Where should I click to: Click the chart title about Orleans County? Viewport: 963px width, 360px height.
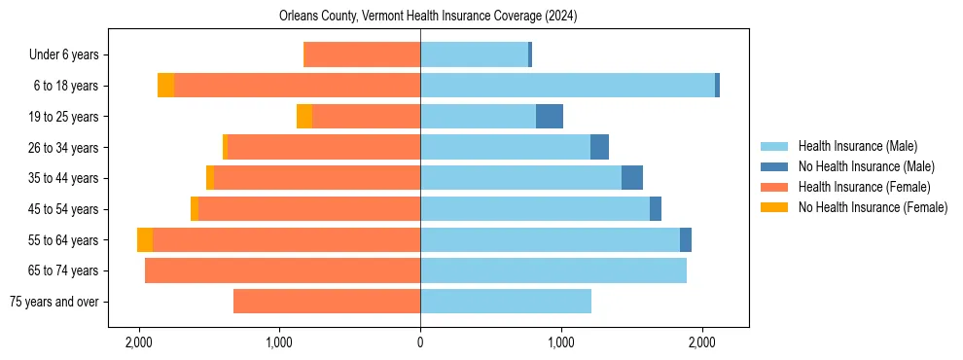[428, 17]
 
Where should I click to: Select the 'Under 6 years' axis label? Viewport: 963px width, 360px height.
[69, 55]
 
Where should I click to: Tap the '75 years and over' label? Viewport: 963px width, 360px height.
[53, 302]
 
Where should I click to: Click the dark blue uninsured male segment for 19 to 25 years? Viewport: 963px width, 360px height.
[550, 117]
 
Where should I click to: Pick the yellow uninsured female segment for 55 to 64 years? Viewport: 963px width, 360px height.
[145, 239]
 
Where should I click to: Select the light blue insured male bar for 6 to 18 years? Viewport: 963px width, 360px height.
[567, 86]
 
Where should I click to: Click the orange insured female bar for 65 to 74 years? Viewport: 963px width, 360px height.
[282, 270]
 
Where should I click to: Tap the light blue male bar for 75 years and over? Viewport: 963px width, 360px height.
[506, 302]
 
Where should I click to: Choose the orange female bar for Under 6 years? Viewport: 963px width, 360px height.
[362, 55]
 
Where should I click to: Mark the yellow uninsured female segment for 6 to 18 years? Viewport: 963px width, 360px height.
[165, 86]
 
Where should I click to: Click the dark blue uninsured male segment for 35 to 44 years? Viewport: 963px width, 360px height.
[632, 178]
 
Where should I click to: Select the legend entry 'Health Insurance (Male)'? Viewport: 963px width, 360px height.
[857, 147]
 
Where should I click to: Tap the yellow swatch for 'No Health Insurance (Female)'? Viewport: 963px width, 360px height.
[775, 207]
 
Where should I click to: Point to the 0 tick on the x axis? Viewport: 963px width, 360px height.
[420, 342]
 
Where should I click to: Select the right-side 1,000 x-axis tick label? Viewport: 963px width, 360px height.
[561, 342]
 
